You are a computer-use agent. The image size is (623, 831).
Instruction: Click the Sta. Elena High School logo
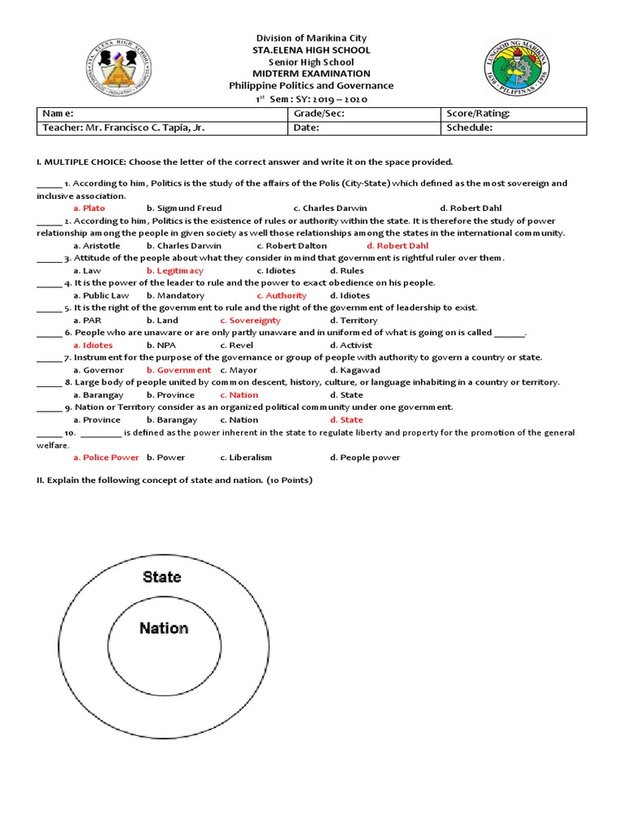[118, 71]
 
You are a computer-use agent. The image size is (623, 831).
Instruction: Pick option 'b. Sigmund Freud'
[184, 209]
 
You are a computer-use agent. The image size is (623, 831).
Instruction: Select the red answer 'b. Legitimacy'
[175, 271]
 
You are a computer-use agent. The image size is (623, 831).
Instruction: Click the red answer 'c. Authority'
[281, 296]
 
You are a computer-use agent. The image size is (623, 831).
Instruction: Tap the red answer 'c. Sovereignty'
[251, 321]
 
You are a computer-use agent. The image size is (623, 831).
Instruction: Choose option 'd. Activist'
[351, 346]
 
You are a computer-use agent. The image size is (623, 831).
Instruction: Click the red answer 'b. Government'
[178, 370]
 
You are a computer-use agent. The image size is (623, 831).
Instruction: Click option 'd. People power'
[365, 458]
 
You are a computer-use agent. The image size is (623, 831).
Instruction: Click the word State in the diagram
[162, 577]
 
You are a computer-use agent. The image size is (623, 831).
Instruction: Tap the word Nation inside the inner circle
[164, 628]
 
